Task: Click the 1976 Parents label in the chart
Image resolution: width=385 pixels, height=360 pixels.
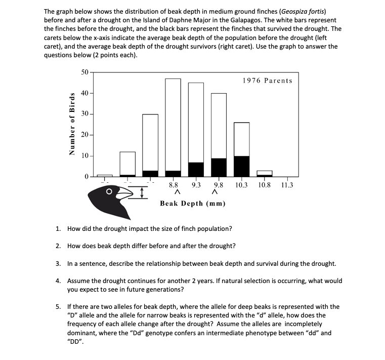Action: tap(267, 81)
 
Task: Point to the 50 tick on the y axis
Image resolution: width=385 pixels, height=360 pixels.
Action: tap(84, 72)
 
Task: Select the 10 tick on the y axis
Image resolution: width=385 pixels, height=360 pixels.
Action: tap(84, 155)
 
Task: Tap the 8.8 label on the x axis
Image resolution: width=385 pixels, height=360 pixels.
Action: tap(173, 185)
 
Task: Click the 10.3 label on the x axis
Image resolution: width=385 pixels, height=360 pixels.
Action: tap(241, 185)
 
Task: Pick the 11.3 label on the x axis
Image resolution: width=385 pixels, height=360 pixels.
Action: tap(286, 185)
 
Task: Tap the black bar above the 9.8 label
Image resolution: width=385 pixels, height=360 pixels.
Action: tap(219, 168)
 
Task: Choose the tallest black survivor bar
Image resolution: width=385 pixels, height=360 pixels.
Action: tap(241, 167)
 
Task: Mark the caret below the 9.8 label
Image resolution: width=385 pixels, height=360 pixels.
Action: tap(216, 192)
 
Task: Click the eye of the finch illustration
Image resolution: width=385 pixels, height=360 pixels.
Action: tap(109, 192)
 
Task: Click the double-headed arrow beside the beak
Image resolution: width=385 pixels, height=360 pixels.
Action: tap(143, 193)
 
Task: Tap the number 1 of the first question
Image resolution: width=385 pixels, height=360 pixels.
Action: tap(58, 228)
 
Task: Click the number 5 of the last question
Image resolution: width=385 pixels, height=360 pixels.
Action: tap(58, 307)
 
